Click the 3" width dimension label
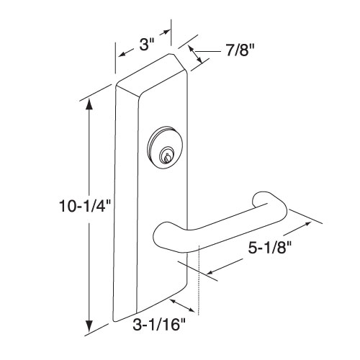[145, 44]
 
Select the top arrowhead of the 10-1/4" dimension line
[89, 104]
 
